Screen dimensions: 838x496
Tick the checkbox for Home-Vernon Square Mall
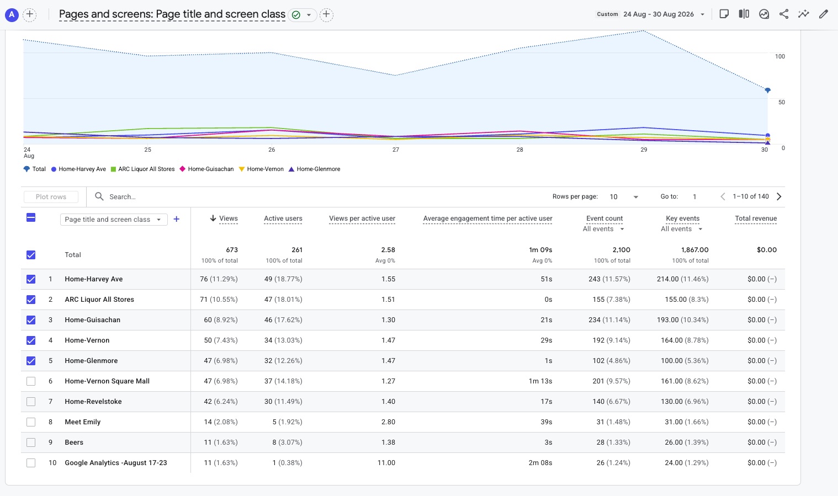(x=31, y=381)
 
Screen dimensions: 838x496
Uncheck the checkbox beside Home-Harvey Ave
(x=31, y=279)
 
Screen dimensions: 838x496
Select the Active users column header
(x=283, y=218)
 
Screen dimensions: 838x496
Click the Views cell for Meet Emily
(x=221, y=422)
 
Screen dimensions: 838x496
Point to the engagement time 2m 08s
(x=540, y=463)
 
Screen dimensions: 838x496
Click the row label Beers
(x=74, y=442)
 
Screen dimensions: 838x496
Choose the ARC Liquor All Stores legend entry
(x=142, y=169)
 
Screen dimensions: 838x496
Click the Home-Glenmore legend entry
(x=314, y=169)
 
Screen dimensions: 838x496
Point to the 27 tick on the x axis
(x=396, y=150)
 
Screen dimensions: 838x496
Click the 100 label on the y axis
(x=780, y=56)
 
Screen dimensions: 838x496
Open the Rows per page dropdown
(x=624, y=197)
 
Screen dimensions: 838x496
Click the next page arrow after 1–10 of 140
(x=779, y=196)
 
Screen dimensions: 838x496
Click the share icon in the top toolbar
(x=784, y=14)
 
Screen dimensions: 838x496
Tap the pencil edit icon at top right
(x=824, y=14)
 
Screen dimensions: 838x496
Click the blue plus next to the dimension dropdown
(x=177, y=220)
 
